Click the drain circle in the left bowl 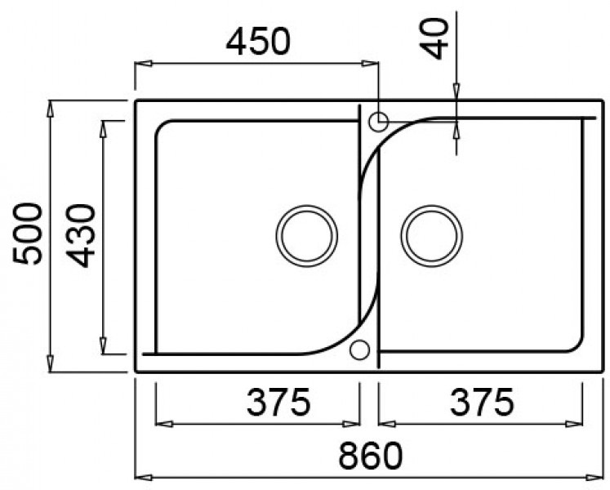306,235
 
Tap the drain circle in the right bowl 430,235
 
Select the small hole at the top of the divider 378,122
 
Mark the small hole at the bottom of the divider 358,350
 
